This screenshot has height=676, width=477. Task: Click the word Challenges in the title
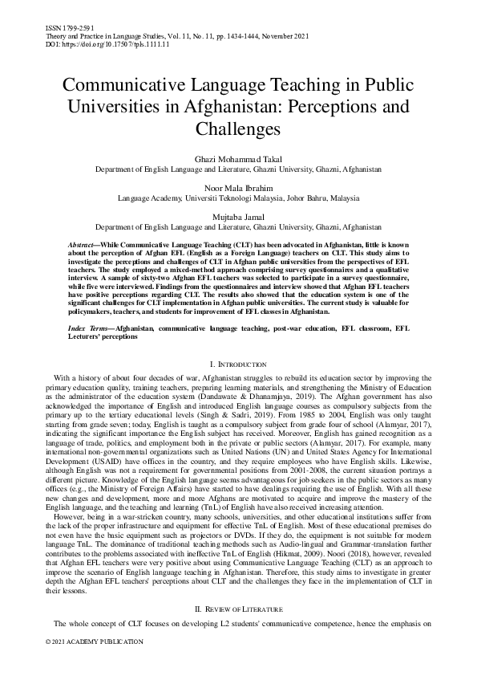click(238, 128)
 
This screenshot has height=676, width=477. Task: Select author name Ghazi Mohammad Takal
click(238, 161)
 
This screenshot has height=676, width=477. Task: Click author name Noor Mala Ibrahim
click(238, 187)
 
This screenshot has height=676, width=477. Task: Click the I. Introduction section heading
click(238, 365)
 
